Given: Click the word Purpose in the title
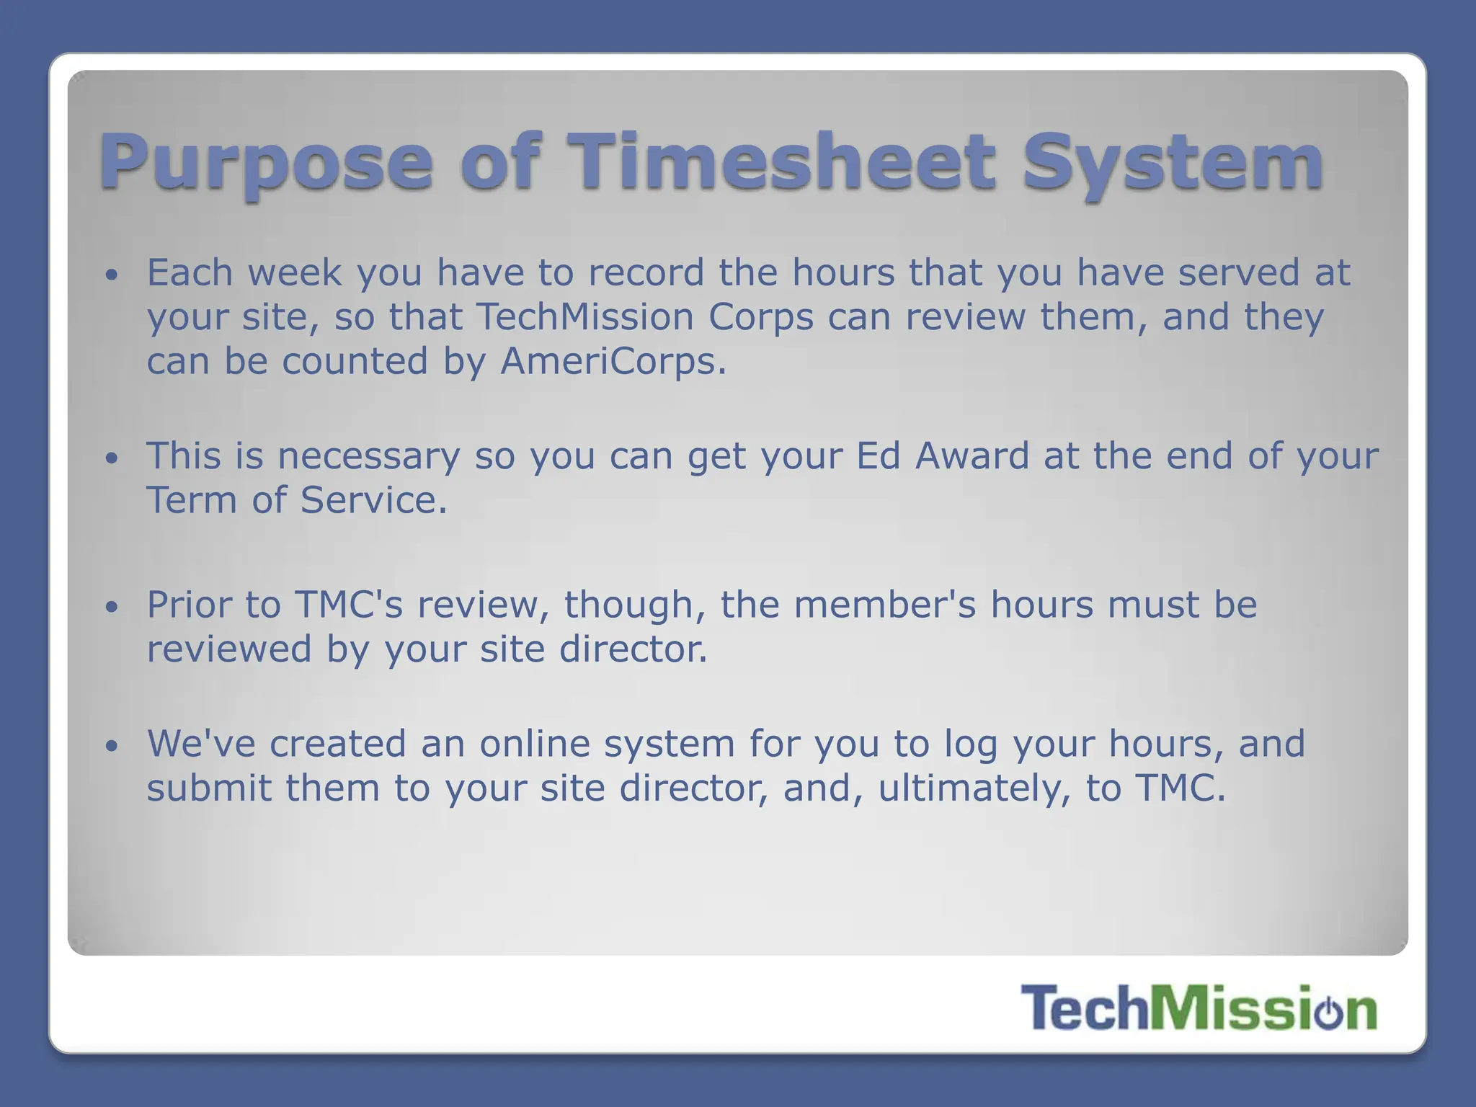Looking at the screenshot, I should pos(267,163).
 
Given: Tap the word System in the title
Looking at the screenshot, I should pos(1173,163).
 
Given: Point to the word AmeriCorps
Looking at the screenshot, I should pos(613,361).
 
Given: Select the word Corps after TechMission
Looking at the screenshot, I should pos(761,318).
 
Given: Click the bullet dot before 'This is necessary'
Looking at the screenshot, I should pos(110,458).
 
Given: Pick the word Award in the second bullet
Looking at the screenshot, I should pos(972,455).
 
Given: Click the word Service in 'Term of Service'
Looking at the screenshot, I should pos(373,500).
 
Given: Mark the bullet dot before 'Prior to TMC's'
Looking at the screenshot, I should pos(110,607).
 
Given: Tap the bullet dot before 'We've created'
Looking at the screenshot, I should pos(110,746).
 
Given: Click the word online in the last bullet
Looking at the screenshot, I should pos(535,743).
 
